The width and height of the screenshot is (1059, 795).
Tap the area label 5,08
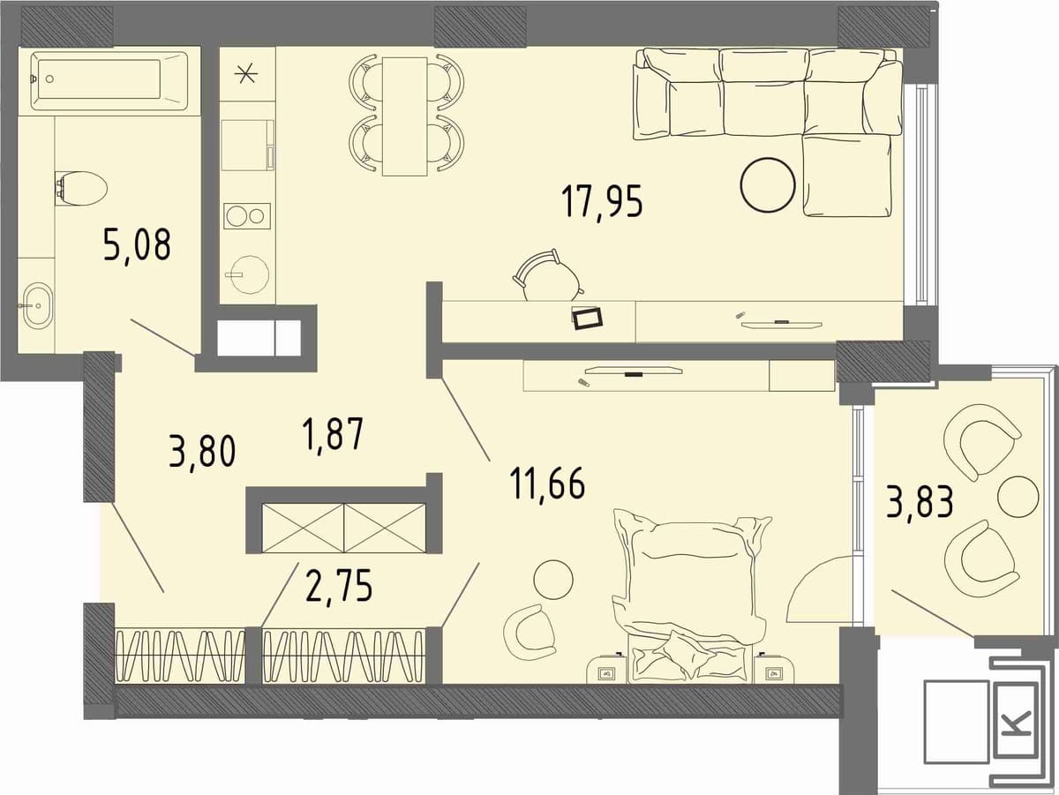137,245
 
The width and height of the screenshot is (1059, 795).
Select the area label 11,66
547,483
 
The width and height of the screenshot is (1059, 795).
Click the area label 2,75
339,586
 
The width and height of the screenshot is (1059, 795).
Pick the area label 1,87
332,435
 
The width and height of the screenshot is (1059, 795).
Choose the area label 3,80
202,451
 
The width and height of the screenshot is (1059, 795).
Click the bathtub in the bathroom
109,81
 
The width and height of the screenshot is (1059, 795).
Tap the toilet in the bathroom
80,189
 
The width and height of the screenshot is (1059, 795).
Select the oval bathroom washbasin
37,306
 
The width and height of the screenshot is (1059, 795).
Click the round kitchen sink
248,274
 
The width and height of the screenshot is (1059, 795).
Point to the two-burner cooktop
247,216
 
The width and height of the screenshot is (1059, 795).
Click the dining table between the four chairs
405,116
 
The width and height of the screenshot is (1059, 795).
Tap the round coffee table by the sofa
767,185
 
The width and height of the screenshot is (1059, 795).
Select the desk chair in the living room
548,275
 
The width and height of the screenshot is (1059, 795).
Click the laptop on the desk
588,318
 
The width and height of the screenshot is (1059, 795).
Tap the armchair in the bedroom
529,629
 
